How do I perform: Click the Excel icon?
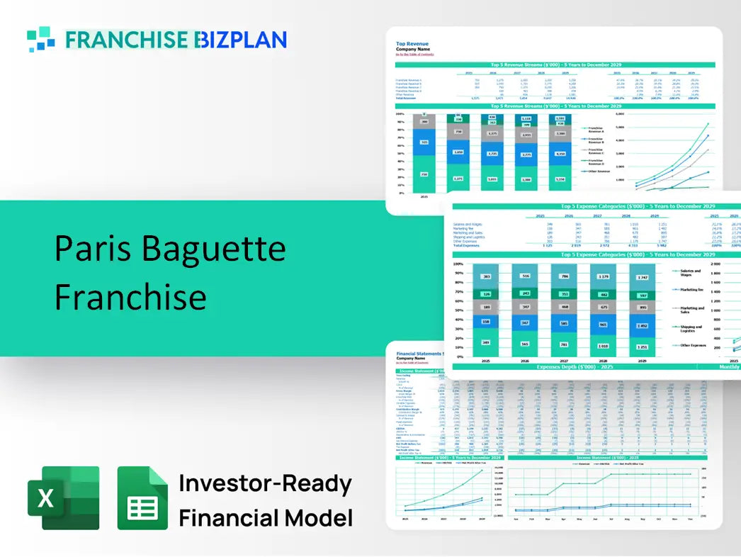click(62, 497)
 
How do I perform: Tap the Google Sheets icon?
click(142, 498)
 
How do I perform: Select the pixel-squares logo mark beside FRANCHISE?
click(40, 39)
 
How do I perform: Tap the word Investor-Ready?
click(265, 483)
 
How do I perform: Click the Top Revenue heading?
click(412, 43)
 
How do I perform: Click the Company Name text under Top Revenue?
click(414, 49)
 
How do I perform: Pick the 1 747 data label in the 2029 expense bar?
click(643, 276)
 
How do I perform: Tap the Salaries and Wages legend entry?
click(691, 273)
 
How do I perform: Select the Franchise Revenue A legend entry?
click(596, 130)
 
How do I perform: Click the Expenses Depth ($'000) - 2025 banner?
click(575, 367)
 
